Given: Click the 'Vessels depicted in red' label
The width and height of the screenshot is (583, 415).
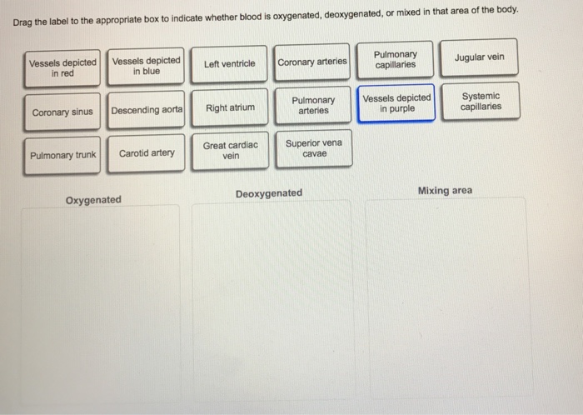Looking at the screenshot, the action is click(62, 67).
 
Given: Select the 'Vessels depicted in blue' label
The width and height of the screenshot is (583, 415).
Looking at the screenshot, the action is click(146, 66).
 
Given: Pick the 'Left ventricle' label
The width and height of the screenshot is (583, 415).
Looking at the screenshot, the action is click(229, 63).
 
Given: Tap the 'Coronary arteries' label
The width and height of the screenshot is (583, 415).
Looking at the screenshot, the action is click(312, 62).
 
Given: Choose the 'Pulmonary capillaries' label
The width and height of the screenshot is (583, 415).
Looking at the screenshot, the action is click(396, 59).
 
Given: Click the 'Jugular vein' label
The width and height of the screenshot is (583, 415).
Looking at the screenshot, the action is click(479, 57).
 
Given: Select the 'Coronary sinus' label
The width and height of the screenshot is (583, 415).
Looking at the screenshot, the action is click(62, 112).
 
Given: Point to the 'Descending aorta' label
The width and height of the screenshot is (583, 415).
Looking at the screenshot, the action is click(146, 110).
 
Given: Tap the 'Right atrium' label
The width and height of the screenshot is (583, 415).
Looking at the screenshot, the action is click(230, 107).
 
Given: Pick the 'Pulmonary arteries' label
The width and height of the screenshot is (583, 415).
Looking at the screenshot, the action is click(313, 106).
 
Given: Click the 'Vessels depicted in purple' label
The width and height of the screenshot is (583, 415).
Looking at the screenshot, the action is click(396, 103).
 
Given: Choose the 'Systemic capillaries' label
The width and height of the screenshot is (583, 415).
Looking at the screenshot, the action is click(481, 101).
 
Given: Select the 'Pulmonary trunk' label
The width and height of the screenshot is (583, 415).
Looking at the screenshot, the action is click(62, 155).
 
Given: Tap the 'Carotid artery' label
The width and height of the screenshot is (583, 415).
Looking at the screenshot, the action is click(147, 152).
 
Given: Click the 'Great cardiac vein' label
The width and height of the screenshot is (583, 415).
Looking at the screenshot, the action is click(231, 150).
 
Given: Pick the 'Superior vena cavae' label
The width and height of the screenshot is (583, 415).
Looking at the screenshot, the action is click(313, 148).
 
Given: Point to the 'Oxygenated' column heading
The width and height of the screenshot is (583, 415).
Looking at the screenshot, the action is click(93, 200).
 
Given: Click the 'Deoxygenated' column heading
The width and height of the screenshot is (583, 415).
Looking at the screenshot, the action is click(269, 193).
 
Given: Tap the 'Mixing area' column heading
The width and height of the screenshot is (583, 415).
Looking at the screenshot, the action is click(445, 191).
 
